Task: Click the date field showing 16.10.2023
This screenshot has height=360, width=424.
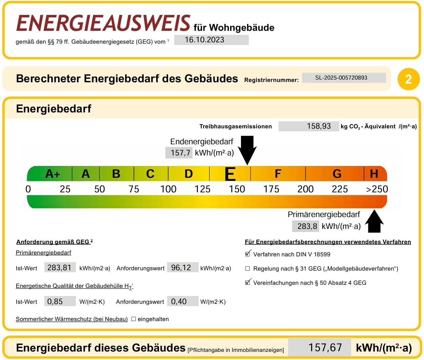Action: pos(211,40)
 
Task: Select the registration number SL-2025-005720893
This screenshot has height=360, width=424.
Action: pos(344,78)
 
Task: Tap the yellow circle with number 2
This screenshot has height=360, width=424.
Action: pos(408,79)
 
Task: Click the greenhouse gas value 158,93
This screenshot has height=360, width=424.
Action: pos(309,126)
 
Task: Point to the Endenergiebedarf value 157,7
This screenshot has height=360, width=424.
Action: pos(179,153)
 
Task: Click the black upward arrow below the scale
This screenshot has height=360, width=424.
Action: pos(374,221)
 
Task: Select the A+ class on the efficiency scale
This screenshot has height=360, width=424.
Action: pos(53,174)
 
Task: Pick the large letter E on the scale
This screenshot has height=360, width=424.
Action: pos(230,174)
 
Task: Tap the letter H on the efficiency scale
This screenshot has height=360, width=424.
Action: pos(374,174)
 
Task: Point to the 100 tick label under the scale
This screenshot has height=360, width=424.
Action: pos(168,189)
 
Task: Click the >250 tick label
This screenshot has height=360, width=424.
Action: pos(377,189)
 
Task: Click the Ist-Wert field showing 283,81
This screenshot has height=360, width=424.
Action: pos(60,267)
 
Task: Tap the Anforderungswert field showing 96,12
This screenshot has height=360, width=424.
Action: pos(183,267)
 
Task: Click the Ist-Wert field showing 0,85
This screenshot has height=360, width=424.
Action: pos(60,301)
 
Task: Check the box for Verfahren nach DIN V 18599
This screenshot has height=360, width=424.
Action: pos(248,254)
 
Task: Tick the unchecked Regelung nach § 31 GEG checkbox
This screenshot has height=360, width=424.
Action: pos(248,268)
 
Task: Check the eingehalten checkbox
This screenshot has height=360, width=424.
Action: pos(133,319)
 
